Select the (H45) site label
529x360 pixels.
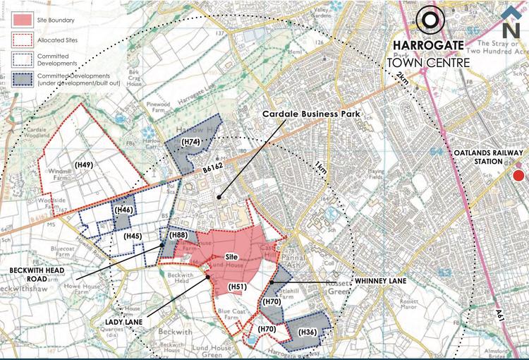[x=133, y=236]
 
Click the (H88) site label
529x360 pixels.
[x=178, y=235]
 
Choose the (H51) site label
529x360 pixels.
[x=238, y=287]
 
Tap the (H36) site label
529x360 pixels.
[x=308, y=332]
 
